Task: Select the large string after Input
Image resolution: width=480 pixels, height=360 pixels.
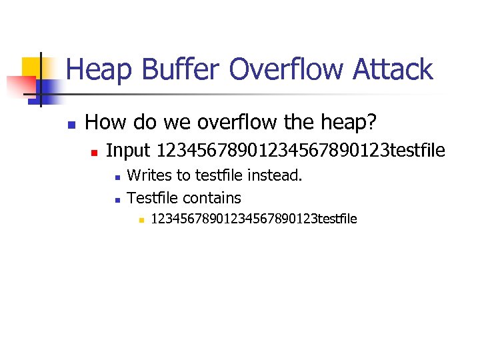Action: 300,151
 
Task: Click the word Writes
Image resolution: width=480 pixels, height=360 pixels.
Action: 149,176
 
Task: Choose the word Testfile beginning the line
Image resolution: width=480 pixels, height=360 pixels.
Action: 153,198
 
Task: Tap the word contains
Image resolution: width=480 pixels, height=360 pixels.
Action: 212,198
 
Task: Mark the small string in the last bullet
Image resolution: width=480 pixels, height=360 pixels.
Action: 254,219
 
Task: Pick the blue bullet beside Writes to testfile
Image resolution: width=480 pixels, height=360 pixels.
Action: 117,178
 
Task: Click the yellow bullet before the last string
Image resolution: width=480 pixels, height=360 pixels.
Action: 140,220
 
